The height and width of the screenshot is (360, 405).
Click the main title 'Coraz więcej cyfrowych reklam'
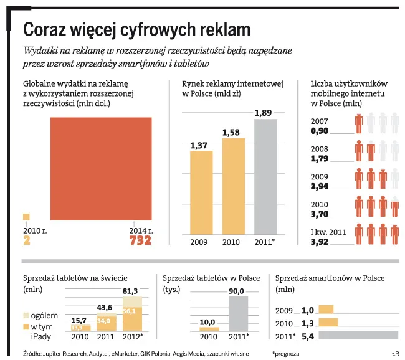(x=136, y=29)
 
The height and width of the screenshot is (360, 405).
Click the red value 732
(x=140, y=240)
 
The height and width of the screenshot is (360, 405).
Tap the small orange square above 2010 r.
(x=26, y=217)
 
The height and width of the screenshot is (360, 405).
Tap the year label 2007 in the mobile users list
(x=318, y=121)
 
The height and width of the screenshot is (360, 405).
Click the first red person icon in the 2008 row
(x=359, y=151)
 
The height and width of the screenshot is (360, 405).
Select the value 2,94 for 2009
(x=319, y=186)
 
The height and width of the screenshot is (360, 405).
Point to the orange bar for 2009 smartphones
(x=326, y=309)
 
